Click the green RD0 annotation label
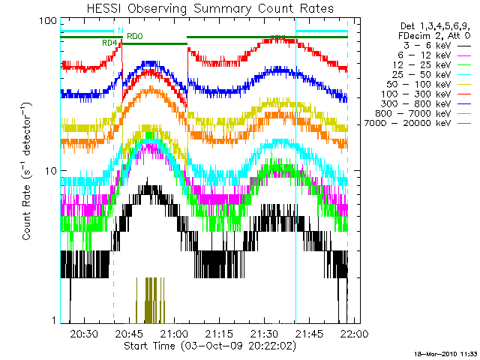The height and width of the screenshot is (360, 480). coord(134,36)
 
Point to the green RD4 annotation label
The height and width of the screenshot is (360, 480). coord(109,43)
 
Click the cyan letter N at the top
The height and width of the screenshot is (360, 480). coord(119,30)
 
